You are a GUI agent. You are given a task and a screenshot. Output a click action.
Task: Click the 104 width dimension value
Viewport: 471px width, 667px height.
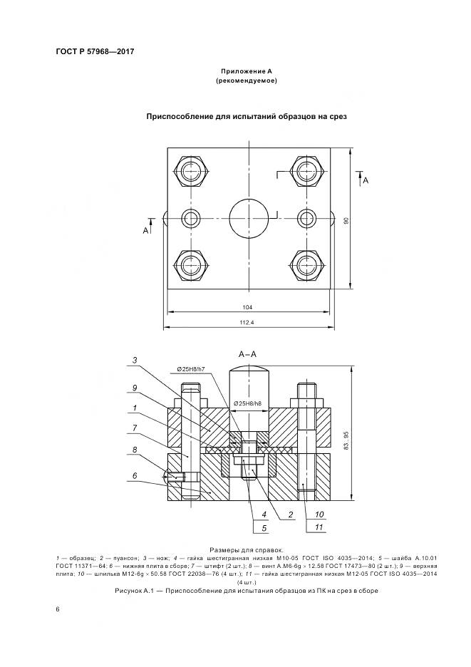247,308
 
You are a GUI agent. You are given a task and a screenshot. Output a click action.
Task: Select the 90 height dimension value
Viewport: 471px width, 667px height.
346,220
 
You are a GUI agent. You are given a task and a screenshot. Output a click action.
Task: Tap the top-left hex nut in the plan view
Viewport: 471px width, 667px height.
191,172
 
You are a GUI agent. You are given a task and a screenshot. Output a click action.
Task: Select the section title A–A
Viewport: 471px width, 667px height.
248,353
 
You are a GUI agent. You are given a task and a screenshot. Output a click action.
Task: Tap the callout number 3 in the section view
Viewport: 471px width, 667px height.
134,359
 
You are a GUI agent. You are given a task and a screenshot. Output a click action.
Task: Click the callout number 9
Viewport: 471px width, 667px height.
134,388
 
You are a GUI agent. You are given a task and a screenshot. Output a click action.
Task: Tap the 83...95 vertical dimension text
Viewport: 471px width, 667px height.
347,444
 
